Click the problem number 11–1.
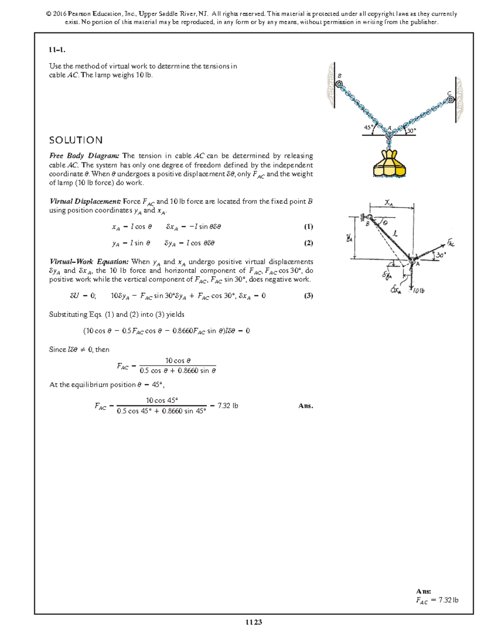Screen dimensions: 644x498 (57, 50)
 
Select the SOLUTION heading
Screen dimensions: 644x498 (76, 140)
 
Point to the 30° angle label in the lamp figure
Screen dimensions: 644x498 (411, 131)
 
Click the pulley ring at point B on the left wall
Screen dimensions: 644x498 (339, 84)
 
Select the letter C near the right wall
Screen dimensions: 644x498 (449, 93)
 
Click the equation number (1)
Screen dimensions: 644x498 (308, 226)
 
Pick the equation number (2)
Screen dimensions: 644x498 (308, 243)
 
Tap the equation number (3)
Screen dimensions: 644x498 (308, 296)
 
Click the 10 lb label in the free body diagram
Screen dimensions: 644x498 (419, 291)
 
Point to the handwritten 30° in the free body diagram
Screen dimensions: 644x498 (440, 255)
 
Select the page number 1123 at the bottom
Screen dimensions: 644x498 (254, 622)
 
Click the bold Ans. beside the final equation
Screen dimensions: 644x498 (305, 406)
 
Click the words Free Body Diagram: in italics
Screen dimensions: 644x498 (84, 156)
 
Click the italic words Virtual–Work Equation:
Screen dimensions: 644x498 (89, 262)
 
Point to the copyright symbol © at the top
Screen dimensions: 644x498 (49, 14)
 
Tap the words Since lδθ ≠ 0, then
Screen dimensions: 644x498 (79, 350)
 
